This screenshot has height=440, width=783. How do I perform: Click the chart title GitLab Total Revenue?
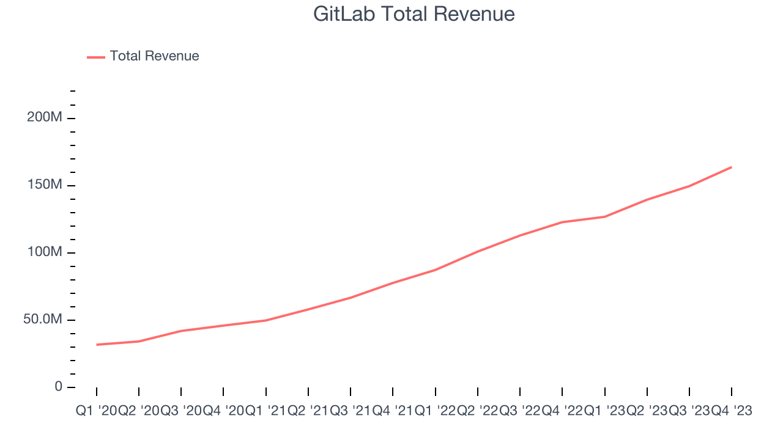pyautogui.click(x=414, y=14)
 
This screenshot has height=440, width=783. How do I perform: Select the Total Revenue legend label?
pyautogui.click(x=154, y=56)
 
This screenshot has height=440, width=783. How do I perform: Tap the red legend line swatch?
pyautogui.click(x=96, y=57)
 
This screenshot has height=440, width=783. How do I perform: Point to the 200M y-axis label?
pyautogui.click(x=45, y=117)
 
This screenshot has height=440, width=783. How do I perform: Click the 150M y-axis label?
pyautogui.click(x=45, y=185)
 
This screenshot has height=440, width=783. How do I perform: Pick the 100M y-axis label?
pyautogui.click(x=45, y=252)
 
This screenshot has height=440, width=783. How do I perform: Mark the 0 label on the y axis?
pyautogui.click(x=58, y=386)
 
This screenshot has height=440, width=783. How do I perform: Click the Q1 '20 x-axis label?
pyautogui.click(x=96, y=411)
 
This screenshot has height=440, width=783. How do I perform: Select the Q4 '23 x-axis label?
pyautogui.click(x=731, y=411)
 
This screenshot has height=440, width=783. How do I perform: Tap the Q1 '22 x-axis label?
pyautogui.click(x=435, y=411)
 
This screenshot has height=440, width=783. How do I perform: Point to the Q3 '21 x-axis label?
pyautogui.click(x=351, y=411)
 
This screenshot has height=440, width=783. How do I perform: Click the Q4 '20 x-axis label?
pyautogui.click(x=223, y=411)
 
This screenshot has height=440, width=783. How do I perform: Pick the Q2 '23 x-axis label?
pyautogui.click(x=647, y=411)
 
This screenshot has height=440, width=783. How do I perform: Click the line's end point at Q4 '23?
pyautogui.click(x=731, y=167)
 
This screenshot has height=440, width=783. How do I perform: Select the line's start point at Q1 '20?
pyautogui.click(x=97, y=345)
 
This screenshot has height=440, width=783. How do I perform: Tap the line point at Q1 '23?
pyautogui.click(x=604, y=217)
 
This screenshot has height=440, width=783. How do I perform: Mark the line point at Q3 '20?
pyautogui.click(x=181, y=331)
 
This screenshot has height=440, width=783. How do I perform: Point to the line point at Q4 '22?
pyautogui.click(x=562, y=222)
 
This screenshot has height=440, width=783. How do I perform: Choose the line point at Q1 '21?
pyautogui.click(x=265, y=320)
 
